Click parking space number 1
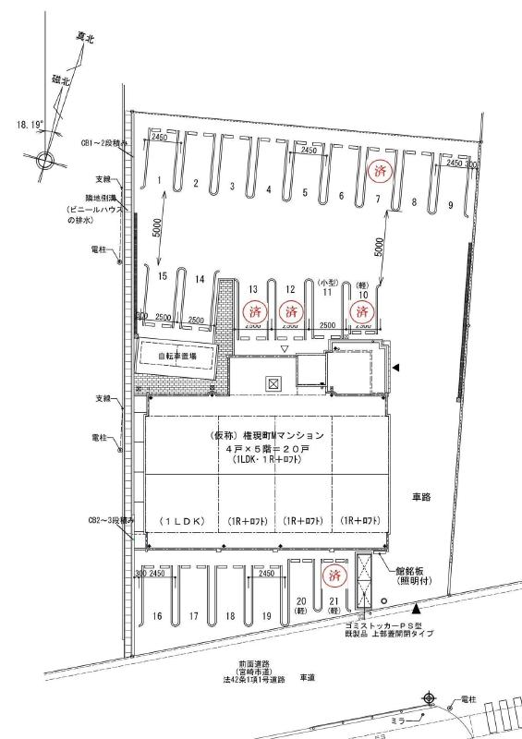click(159, 179)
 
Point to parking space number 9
click(450, 204)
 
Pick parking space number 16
click(158, 616)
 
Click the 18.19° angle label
click(28, 121)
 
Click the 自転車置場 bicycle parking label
click(180, 355)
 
